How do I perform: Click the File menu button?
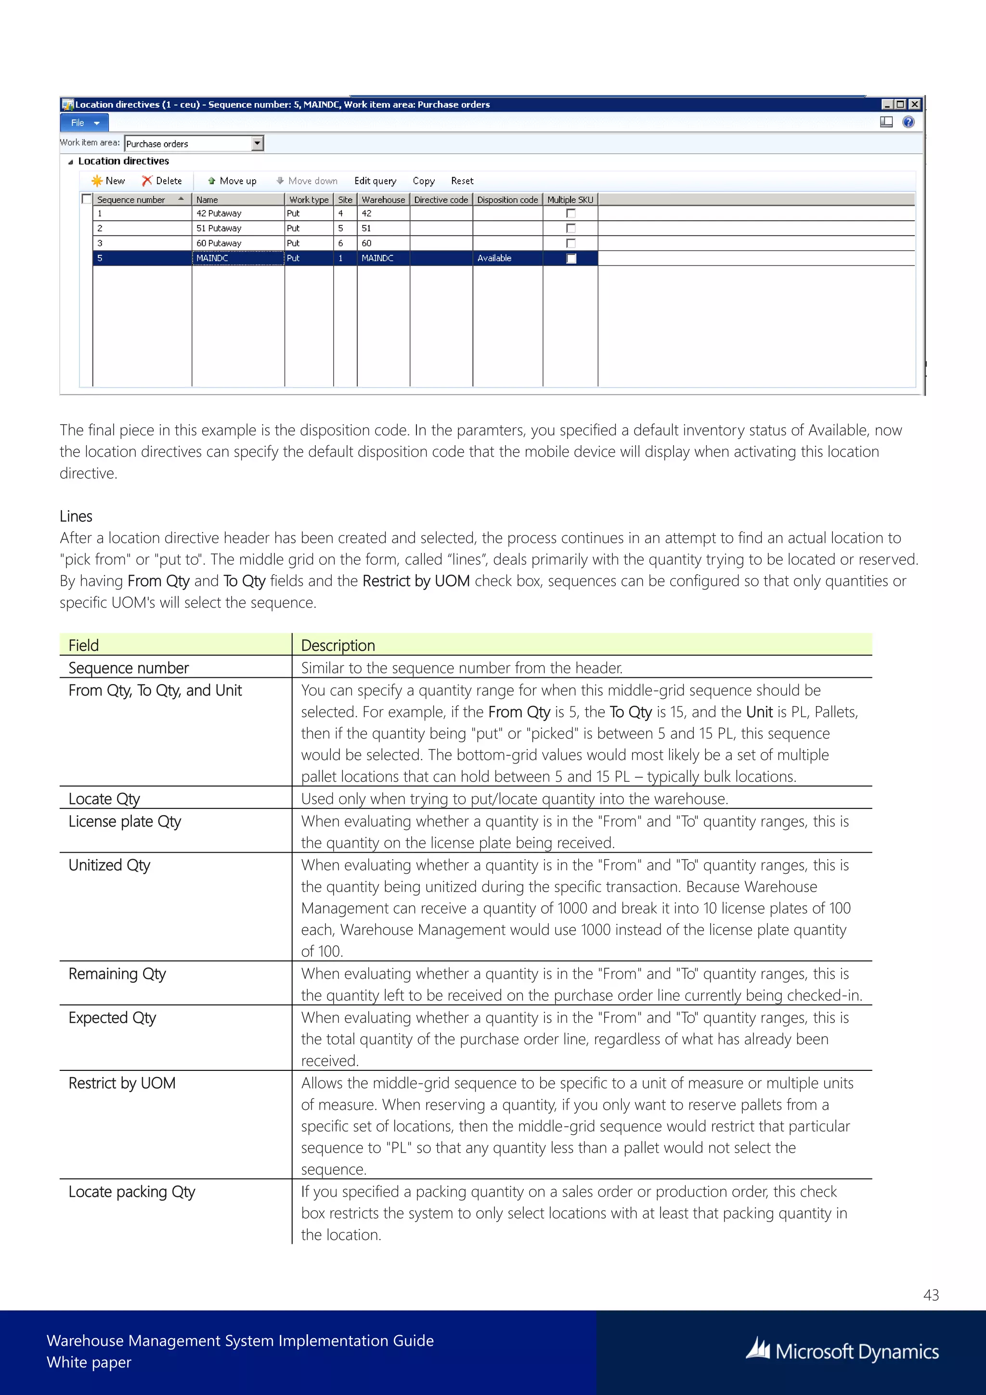point(84,123)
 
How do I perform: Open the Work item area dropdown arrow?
point(258,144)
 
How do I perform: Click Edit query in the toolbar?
point(375,181)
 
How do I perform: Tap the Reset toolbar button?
point(462,181)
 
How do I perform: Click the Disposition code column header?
point(507,199)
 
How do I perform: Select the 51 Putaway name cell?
point(219,228)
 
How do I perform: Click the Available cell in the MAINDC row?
point(494,258)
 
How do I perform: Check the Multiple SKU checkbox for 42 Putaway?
point(571,213)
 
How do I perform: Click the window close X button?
point(914,105)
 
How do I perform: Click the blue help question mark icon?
point(908,122)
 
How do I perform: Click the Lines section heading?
point(76,516)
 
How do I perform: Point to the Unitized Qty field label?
point(109,865)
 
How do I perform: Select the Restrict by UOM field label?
point(122,1083)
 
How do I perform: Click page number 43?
point(931,1295)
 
